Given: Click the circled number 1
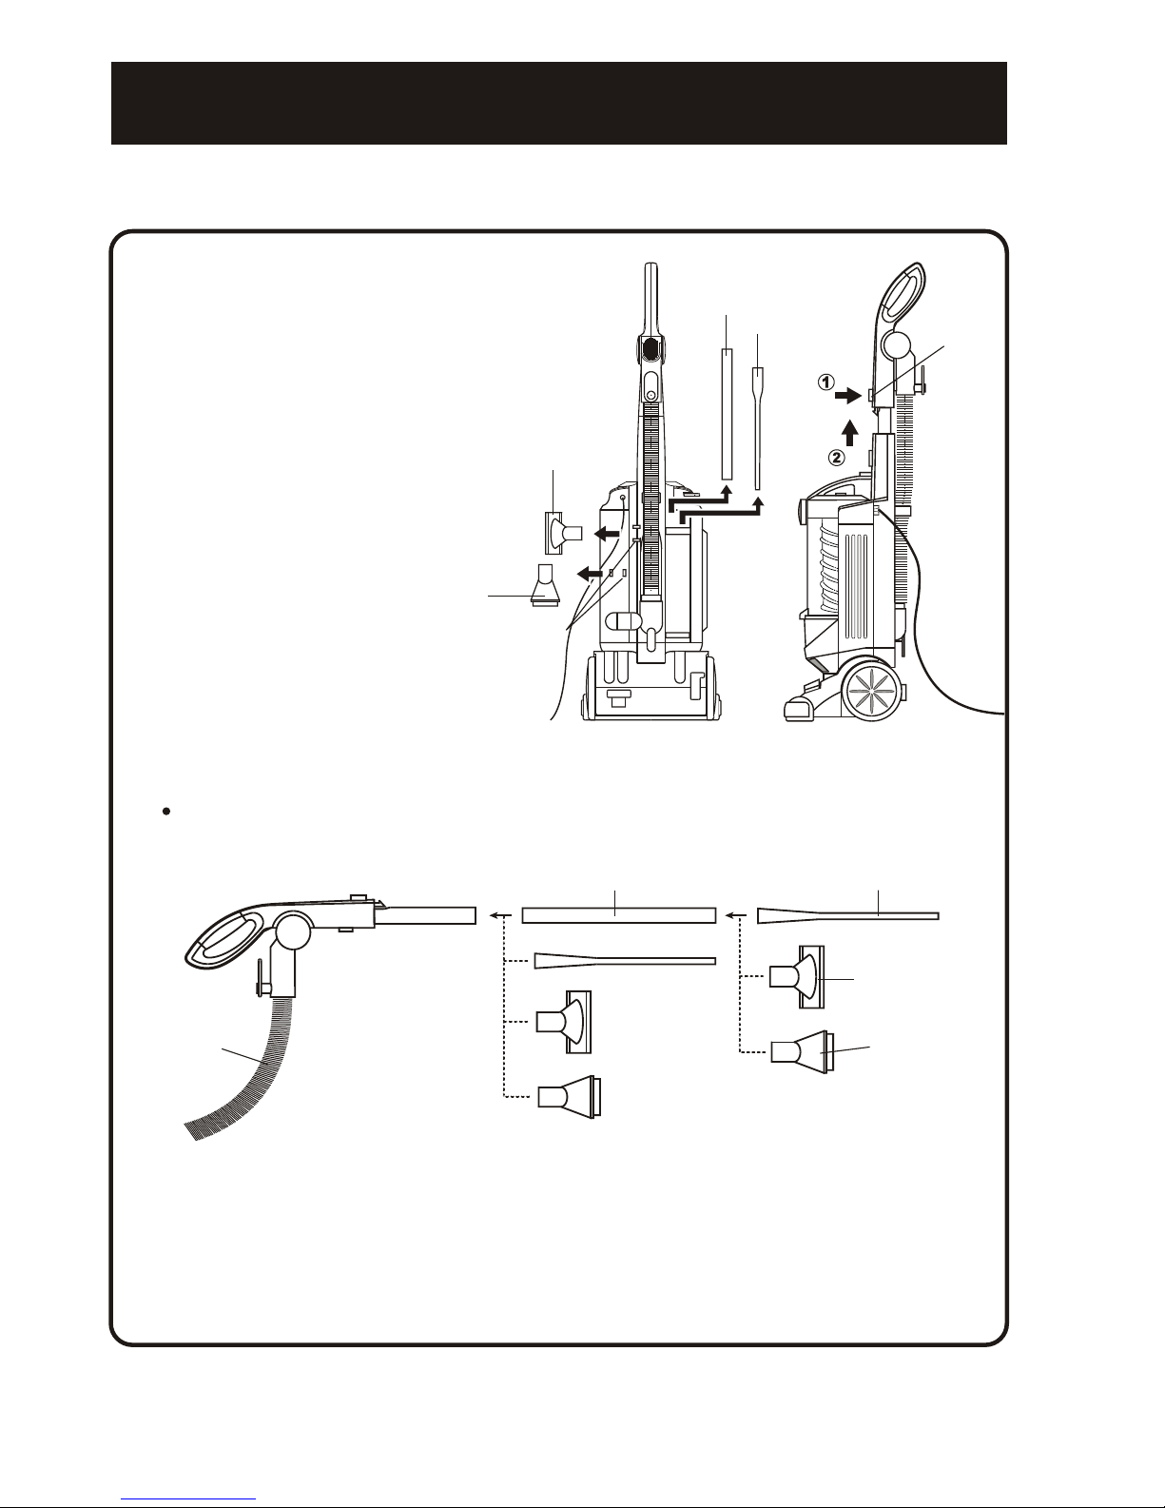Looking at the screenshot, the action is click(x=825, y=382).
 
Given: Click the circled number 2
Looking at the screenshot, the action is click(x=838, y=458).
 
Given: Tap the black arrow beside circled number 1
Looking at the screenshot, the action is click(x=847, y=396).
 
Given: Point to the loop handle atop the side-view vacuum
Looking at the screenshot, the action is click(x=902, y=299).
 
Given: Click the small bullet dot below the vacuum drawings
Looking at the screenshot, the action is click(x=166, y=811).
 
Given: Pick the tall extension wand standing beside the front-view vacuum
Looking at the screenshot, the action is click(x=727, y=414).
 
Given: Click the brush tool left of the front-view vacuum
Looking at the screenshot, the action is click(x=563, y=533).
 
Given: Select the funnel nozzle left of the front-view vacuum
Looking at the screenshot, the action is click(x=543, y=586).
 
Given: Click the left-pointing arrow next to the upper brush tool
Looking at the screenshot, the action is click(x=608, y=534).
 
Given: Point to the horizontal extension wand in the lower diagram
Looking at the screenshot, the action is click(x=618, y=915).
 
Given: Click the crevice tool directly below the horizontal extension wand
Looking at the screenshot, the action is click(x=624, y=960).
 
